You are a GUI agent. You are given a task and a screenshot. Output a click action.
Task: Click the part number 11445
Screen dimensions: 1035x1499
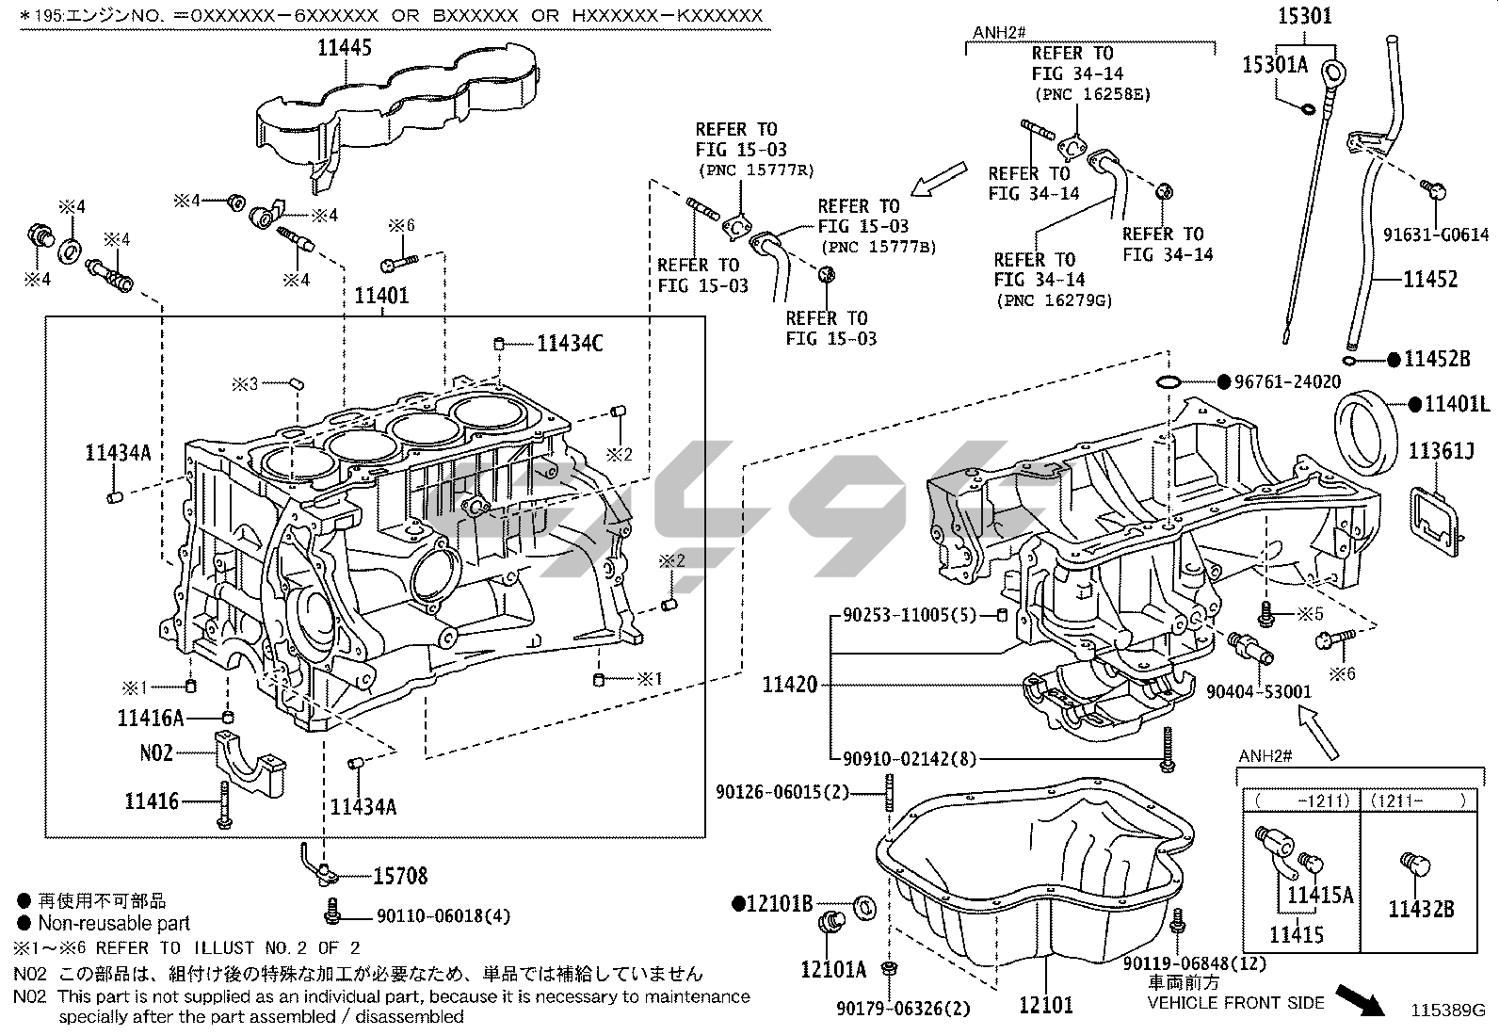[x=345, y=47]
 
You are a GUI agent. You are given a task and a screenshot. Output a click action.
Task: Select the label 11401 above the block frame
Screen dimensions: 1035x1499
[x=381, y=296]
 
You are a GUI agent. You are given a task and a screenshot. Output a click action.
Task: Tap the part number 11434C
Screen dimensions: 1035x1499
[x=570, y=344]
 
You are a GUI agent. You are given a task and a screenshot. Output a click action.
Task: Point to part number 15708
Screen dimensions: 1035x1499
[x=400, y=876]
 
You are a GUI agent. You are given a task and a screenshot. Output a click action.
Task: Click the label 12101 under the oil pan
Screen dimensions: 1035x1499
[x=1045, y=1006]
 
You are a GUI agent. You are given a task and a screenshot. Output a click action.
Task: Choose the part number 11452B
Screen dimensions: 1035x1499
[x=1437, y=359]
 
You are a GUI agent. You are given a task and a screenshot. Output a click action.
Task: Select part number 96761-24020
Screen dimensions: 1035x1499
[x=1287, y=382]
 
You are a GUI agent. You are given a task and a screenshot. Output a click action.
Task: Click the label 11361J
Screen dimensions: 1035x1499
[x=1441, y=452]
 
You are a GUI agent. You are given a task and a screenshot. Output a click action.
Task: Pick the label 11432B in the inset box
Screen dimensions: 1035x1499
[x=1421, y=909]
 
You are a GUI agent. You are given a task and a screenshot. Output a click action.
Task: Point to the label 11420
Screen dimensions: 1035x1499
[x=789, y=685]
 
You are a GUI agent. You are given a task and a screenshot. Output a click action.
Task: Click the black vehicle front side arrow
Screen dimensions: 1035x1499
[x=1362, y=1000]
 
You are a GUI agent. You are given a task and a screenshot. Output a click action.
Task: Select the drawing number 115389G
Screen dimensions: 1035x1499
[x=1447, y=1011]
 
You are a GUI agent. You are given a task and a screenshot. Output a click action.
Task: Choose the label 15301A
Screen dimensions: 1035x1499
[x=1275, y=64]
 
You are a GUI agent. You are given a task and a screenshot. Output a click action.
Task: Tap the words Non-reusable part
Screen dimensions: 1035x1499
[x=114, y=924]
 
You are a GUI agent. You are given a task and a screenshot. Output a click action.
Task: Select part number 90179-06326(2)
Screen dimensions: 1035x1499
[x=903, y=1010]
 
